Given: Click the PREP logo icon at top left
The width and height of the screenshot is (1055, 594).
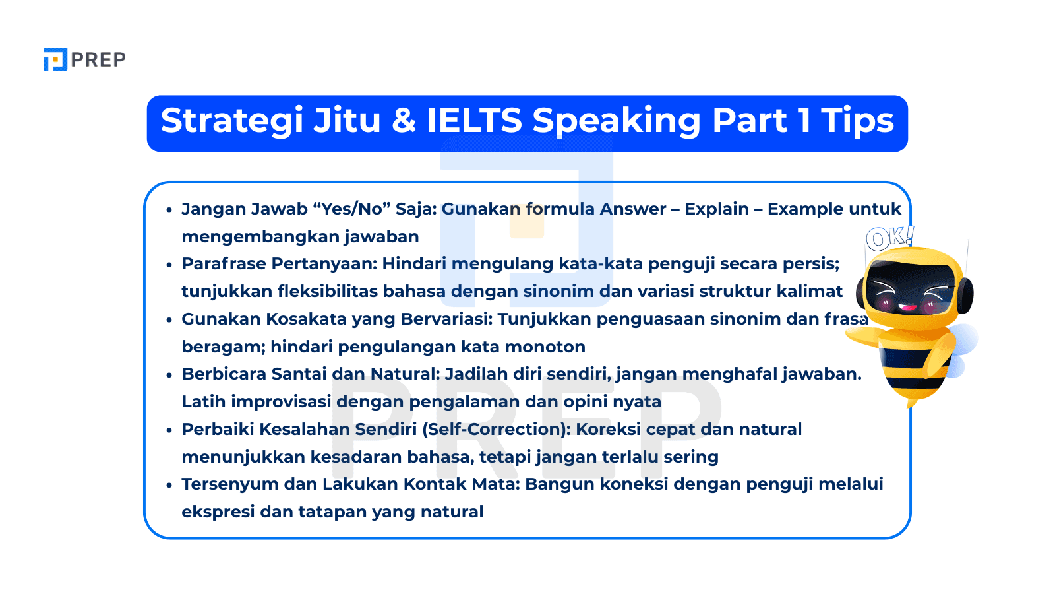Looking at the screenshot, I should [55, 59].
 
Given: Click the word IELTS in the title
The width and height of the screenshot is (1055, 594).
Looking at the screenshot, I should [474, 121].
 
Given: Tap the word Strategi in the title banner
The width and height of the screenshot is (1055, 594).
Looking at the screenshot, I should [231, 121].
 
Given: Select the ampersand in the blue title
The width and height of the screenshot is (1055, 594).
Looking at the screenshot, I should [404, 121].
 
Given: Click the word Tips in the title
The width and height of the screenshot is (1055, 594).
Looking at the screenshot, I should [857, 121].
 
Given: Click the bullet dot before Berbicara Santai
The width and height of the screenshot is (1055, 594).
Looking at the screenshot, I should [169, 375].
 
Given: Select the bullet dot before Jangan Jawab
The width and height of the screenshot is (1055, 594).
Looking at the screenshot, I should [169, 210].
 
